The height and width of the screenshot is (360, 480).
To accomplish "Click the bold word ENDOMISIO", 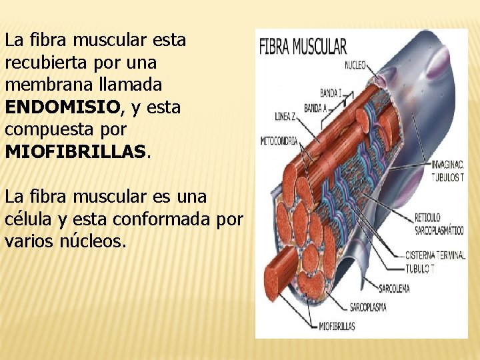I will tap(63, 107).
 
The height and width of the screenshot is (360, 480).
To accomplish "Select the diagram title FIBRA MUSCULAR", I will tap(303, 47).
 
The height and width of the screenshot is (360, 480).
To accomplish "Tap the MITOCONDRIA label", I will tap(279, 141).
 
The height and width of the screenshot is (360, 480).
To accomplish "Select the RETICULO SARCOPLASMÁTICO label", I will tap(438, 223).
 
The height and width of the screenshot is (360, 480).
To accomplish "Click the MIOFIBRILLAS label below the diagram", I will tap(337, 327).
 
